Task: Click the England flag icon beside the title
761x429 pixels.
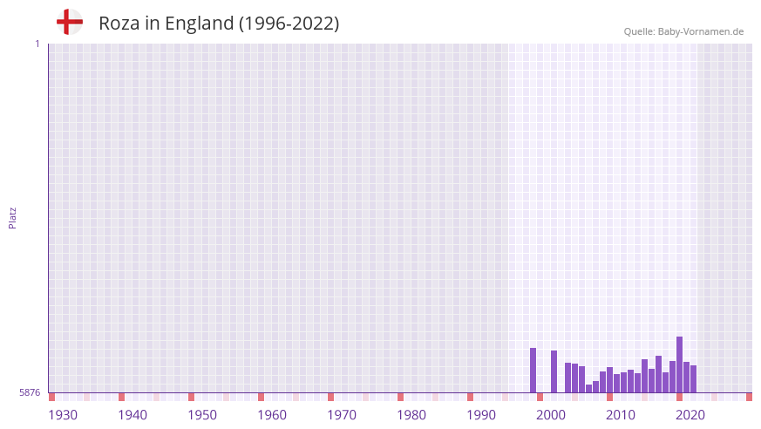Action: pyautogui.click(x=69, y=23)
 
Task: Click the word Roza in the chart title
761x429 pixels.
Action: pyautogui.click(x=119, y=24)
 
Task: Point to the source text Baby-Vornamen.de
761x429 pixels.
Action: pyautogui.click(x=700, y=31)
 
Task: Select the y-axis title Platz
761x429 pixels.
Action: pyautogui.click(x=12, y=217)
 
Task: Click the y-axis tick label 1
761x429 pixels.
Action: pyautogui.click(x=37, y=44)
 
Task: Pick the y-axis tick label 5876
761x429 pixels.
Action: pyautogui.click(x=30, y=393)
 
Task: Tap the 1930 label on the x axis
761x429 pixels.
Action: pyautogui.click(x=63, y=415)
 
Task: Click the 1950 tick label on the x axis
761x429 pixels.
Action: pyautogui.click(x=202, y=415)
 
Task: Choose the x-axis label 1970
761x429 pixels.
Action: pyautogui.click(x=342, y=415)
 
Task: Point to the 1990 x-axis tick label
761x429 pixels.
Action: pyautogui.click(x=481, y=415)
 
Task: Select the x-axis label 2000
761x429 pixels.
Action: pyautogui.click(x=551, y=415)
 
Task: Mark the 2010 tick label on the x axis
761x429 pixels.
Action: pyautogui.click(x=621, y=415)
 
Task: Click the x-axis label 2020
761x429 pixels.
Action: pyautogui.click(x=690, y=415)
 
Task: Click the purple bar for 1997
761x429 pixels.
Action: pyautogui.click(x=533, y=371)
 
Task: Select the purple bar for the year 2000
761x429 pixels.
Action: pyautogui.click(x=554, y=371)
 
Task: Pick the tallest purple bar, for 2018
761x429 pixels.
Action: pyautogui.click(x=679, y=364)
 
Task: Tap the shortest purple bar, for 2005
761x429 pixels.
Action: pyautogui.click(x=588, y=389)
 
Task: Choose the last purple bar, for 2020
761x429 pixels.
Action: pyautogui.click(x=693, y=379)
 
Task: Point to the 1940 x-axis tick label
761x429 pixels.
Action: pyautogui.click(x=132, y=415)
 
